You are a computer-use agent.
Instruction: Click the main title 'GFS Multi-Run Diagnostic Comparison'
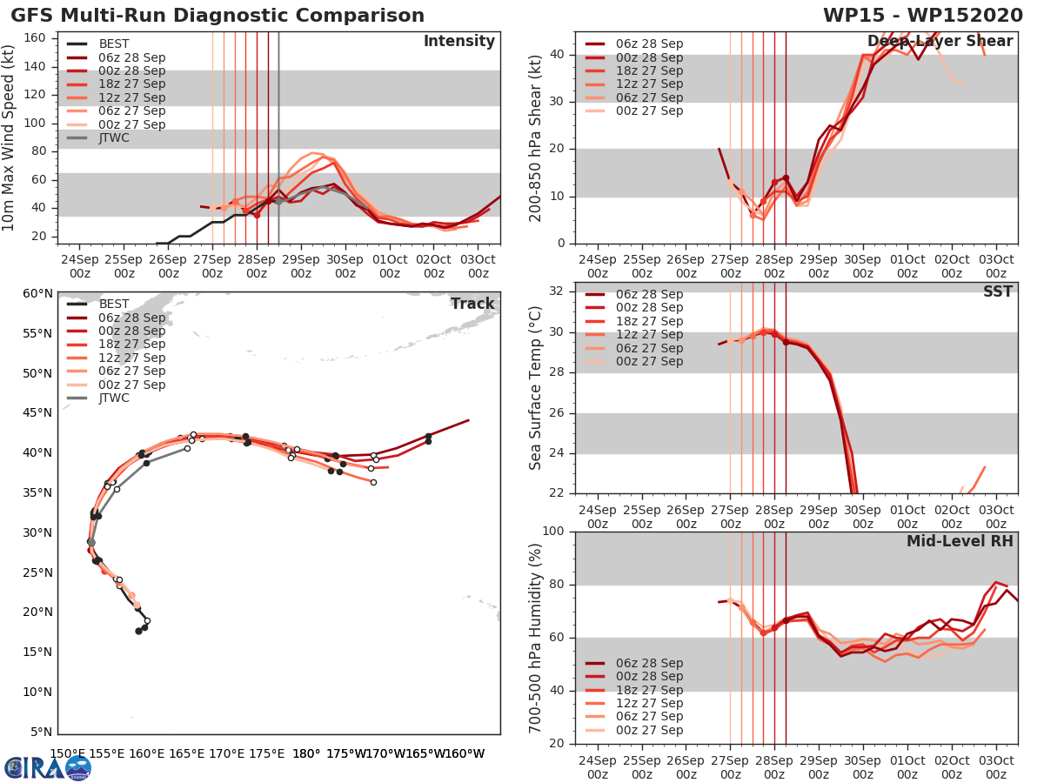coord(217,16)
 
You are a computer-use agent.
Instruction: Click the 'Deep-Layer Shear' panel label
coord(940,42)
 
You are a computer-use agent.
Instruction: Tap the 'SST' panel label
coord(997,291)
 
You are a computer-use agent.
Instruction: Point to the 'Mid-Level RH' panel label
coord(960,541)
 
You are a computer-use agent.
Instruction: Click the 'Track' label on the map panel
coord(472,304)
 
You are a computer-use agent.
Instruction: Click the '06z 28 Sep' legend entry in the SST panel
coord(650,295)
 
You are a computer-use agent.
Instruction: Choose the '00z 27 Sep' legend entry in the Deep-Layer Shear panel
coord(650,110)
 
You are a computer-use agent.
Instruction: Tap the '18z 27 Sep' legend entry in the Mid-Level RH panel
coord(650,690)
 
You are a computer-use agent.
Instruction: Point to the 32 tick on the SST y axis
coord(558,291)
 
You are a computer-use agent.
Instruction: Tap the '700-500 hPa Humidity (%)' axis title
coord(536,637)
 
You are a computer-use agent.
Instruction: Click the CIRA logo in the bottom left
coord(47,767)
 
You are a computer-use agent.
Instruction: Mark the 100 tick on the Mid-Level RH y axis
coord(554,532)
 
